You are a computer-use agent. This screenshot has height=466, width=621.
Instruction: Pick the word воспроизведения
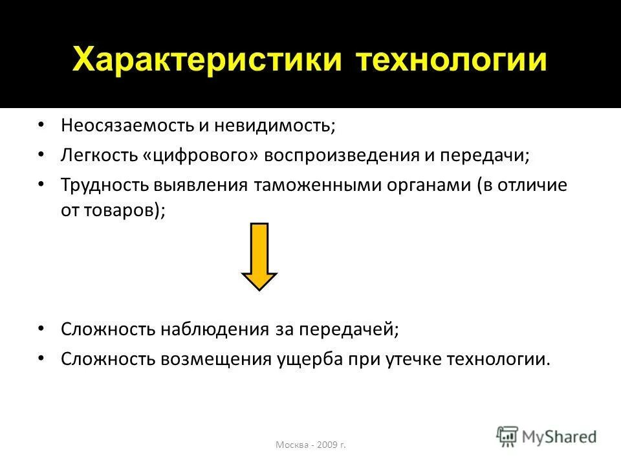coord(339,155)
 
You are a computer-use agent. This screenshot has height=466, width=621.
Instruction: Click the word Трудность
coord(105,185)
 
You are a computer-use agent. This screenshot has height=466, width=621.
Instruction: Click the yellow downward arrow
coord(259,256)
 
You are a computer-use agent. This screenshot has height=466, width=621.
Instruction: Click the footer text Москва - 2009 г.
coord(310,445)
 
